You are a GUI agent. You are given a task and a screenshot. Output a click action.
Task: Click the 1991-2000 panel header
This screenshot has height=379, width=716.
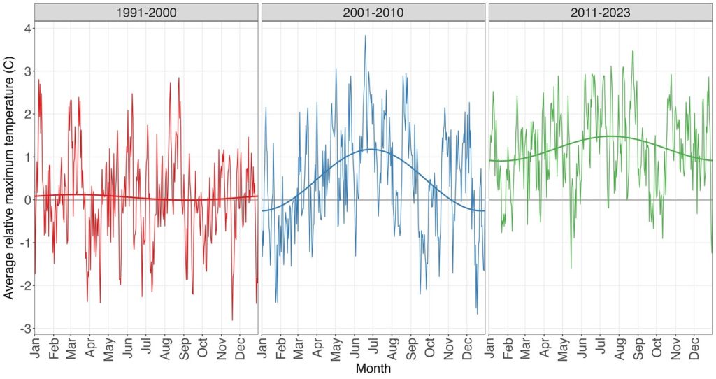click(146, 12)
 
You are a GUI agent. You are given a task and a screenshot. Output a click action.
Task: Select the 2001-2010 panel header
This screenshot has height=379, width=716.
click(373, 12)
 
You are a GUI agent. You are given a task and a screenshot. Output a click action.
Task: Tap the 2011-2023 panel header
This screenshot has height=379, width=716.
click(601, 12)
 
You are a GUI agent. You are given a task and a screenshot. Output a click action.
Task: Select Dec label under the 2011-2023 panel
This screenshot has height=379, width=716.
click(694, 349)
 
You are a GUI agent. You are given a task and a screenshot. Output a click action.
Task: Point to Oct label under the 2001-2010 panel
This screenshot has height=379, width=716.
click(430, 349)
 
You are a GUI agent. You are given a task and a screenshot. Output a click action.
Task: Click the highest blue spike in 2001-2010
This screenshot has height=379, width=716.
click(365, 36)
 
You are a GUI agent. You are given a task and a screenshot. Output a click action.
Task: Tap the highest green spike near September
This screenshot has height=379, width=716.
click(632, 51)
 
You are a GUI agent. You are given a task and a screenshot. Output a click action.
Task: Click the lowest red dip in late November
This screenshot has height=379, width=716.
click(232, 320)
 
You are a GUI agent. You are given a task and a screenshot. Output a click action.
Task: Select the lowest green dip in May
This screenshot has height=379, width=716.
click(571, 268)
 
